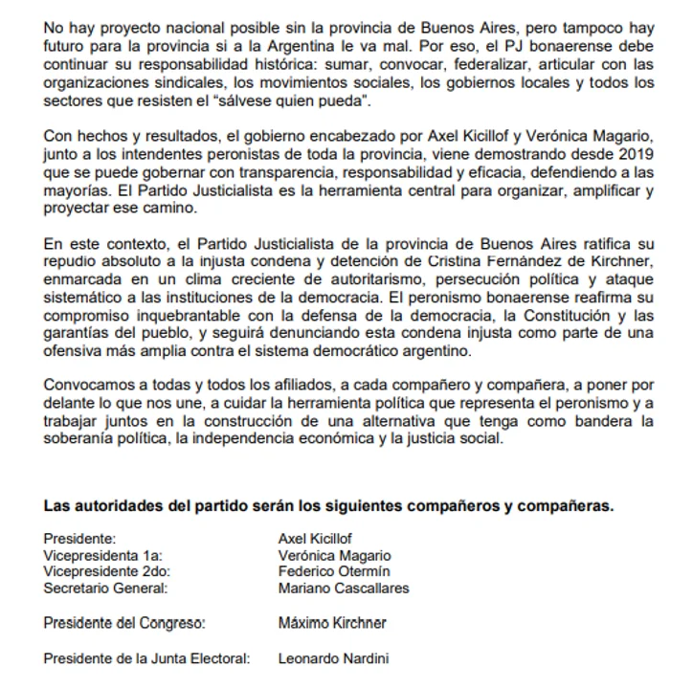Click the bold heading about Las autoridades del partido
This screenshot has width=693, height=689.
(x=328, y=506)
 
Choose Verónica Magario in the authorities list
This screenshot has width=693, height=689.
(x=334, y=555)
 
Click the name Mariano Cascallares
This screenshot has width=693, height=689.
(x=343, y=588)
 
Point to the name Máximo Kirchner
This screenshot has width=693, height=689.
(x=332, y=623)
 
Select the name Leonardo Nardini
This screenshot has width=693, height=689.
(x=333, y=658)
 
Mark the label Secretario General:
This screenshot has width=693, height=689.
(x=104, y=588)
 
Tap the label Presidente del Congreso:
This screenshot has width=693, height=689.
(x=124, y=623)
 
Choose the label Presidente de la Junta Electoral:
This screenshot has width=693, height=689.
(x=146, y=658)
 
